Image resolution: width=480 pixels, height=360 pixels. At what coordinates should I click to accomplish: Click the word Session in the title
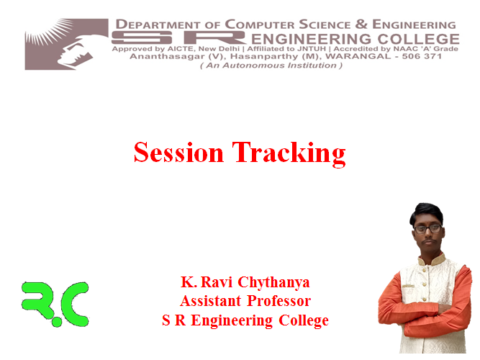point(178,152)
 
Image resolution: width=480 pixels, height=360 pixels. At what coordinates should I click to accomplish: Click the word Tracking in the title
point(289,154)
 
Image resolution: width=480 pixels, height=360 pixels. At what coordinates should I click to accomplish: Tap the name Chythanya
point(273,283)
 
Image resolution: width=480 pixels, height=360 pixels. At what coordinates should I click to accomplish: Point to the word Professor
point(279,301)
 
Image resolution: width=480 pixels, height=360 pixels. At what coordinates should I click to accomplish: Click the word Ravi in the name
point(217,282)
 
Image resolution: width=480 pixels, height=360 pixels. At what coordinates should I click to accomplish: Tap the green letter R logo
point(37,300)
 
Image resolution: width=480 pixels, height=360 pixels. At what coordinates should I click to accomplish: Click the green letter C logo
point(76,303)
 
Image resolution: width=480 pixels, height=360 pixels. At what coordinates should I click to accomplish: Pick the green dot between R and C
point(56,322)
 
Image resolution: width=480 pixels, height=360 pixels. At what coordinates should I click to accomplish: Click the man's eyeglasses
point(428,228)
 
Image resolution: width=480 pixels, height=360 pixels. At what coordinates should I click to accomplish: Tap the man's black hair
point(427,212)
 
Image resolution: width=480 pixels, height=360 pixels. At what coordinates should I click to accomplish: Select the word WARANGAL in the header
point(358,56)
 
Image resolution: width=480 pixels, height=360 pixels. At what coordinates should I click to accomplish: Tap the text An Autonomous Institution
point(271,66)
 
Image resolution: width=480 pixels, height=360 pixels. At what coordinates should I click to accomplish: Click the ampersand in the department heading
point(361,24)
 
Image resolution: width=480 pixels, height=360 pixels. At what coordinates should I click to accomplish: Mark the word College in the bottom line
point(304,321)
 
